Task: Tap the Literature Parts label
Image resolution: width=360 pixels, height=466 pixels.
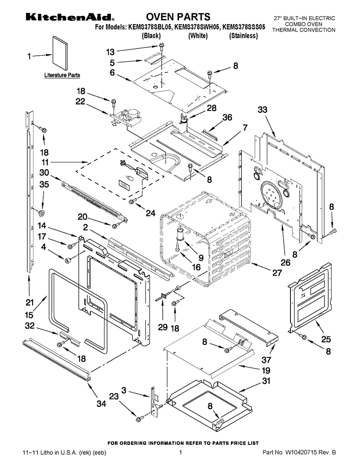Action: coord(62,75)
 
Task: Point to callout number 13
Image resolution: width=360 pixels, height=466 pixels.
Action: coord(111,51)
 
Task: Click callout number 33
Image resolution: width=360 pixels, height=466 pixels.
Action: coord(262,110)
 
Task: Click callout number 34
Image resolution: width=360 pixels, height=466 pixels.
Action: coord(101,404)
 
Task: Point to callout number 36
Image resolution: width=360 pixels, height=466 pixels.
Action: coord(227,117)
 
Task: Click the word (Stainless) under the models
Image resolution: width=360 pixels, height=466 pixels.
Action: coord(243,36)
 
